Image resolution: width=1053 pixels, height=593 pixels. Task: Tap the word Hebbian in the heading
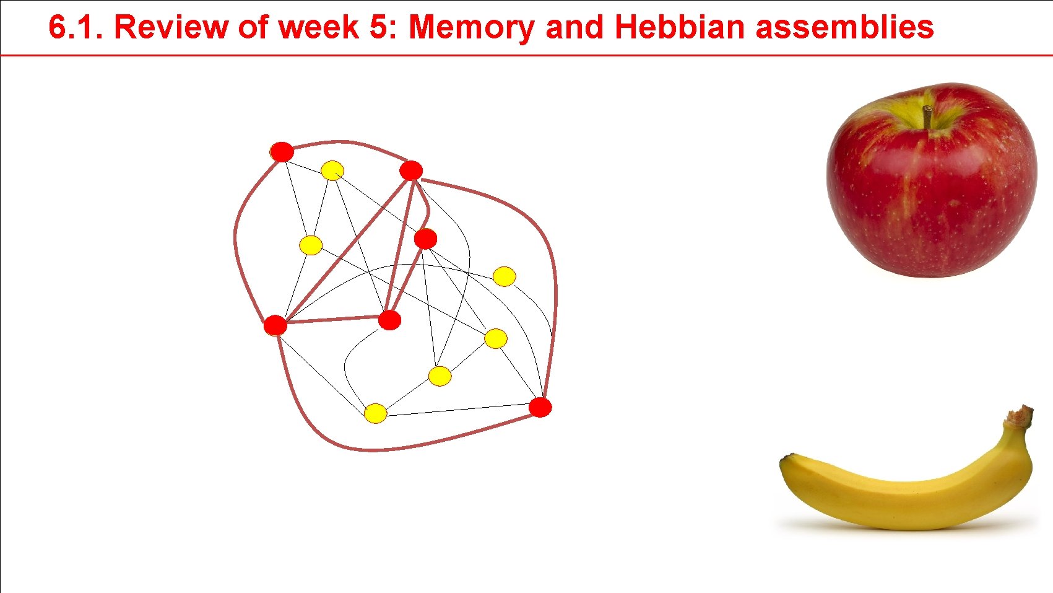(x=679, y=27)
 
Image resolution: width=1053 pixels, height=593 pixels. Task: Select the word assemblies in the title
(x=844, y=27)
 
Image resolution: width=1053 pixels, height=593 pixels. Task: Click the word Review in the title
(x=162, y=27)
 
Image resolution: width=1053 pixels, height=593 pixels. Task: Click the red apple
(x=932, y=186)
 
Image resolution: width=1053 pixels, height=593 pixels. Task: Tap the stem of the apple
(x=927, y=116)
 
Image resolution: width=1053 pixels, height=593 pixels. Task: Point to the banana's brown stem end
(x=1019, y=416)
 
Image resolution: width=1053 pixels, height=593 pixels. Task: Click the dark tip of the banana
(x=787, y=458)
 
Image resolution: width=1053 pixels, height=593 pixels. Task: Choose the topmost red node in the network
(x=282, y=151)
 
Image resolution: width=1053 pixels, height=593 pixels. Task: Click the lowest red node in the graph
(x=540, y=407)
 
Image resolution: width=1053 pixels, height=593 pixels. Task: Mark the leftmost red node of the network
(x=275, y=325)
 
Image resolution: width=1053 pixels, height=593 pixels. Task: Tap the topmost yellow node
(x=332, y=170)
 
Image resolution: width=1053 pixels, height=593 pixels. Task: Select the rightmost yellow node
(x=504, y=276)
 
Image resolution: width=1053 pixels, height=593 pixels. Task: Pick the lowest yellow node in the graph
(x=375, y=413)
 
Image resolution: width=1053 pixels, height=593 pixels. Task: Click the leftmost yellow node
(x=311, y=245)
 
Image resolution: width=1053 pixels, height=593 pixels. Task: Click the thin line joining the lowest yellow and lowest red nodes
(x=458, y=410)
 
